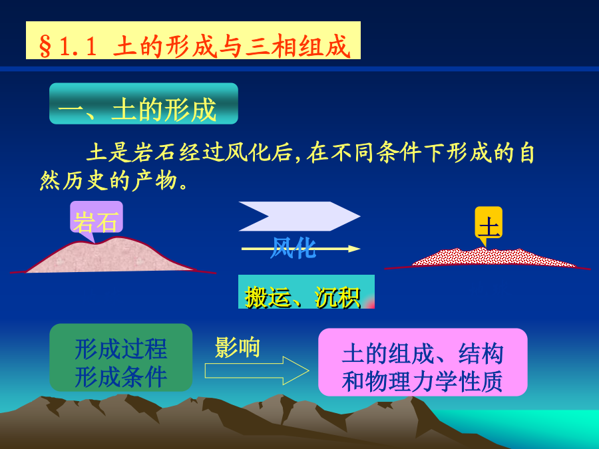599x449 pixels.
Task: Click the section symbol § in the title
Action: coord(45,47)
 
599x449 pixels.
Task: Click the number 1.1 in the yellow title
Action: coord(78,47)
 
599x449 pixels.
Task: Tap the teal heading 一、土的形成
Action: coord(144,104)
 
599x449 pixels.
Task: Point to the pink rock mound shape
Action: coord(110,257)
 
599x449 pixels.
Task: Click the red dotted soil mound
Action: coord(493,257)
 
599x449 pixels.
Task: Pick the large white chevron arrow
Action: coord(299,216)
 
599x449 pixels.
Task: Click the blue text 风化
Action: coord(293,248)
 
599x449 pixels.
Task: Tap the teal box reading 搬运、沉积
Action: coord(306,291)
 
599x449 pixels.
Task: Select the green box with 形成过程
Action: coord(120,357)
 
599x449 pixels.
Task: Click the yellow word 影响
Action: coord(237,347)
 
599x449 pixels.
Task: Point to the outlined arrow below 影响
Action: coord(257,371)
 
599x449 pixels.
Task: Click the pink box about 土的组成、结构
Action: coord(423,362)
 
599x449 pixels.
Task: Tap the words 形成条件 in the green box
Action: coord(120,377)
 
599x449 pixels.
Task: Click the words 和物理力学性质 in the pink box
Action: coord(422,381)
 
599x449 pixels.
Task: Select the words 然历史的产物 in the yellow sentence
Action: coord(108,180)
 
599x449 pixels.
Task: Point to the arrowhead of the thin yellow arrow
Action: coord(354,249)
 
